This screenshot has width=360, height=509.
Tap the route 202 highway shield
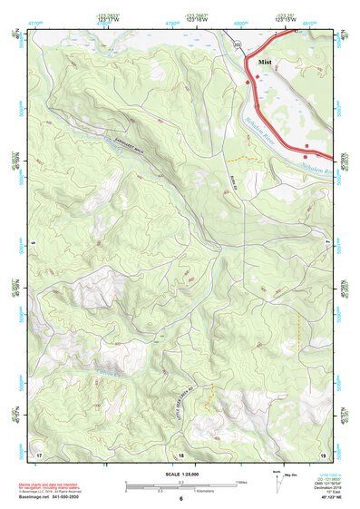(237, 44)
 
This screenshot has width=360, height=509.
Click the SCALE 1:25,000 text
(180, 474)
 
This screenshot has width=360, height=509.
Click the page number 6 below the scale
(180, 499)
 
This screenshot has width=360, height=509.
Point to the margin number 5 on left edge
(31, 243)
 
